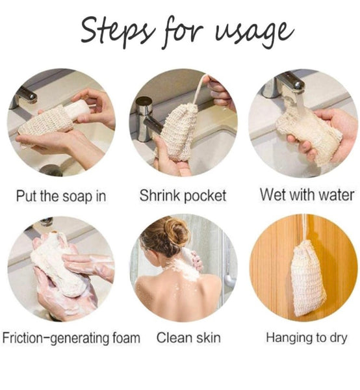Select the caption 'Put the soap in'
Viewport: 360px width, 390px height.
pos(60,194)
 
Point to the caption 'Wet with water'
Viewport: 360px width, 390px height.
pos(307,194)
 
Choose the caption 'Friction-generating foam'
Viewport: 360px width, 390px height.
pos(71,337)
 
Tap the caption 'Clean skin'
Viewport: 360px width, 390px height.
pos(188,337)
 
